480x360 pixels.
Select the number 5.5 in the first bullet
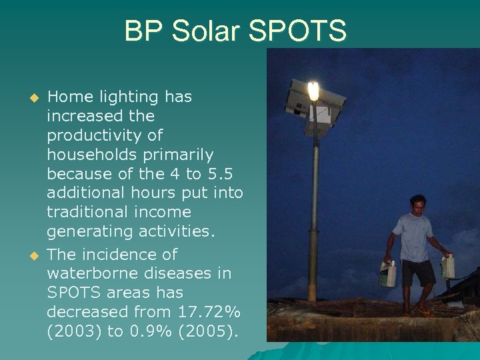coord(219,174)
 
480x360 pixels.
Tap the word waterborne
coord(91,273)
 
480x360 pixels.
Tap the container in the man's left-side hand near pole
coord(388,273)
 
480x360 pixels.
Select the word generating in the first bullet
coord(90,231)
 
